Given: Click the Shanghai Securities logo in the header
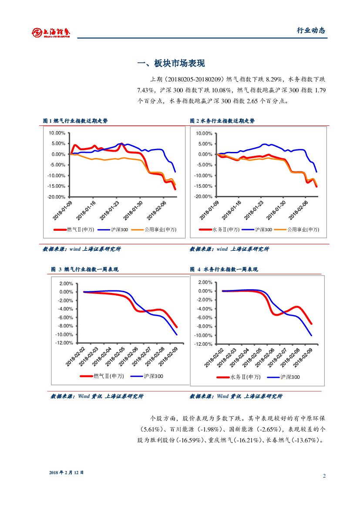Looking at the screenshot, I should click(x=51, y=32).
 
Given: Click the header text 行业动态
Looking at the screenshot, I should click(x=311, y=30).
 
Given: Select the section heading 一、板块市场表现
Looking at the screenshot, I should click(x=171, y=64).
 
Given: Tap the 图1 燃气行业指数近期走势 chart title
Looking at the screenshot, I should click(x=75, y=121).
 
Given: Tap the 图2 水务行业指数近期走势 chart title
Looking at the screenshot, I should click(x=222, y=121).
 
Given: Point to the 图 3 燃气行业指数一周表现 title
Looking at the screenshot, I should click(x=84, y=270).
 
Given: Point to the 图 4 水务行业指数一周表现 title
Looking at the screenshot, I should click(x=224, y=270).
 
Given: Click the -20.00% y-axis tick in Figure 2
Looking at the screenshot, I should click(x=204, y=197).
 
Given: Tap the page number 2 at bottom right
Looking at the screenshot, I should click(x=324, y=475).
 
